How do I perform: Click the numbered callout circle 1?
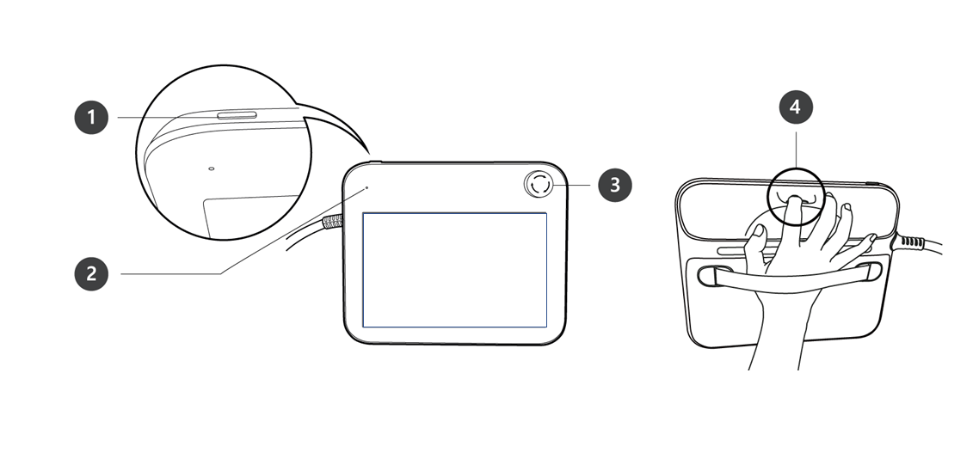91,117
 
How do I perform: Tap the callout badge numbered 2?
91,274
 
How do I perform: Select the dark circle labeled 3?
615,186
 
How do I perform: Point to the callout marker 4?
796,107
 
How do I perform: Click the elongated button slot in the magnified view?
237,115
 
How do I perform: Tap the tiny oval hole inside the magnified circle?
211,168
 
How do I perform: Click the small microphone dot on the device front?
366,187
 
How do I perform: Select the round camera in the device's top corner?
539,185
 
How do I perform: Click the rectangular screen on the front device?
455,270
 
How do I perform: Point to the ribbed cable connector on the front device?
333,223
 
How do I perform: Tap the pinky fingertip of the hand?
871,238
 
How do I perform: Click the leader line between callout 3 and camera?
571,186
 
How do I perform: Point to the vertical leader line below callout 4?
796,150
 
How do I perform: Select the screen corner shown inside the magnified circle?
207,203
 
